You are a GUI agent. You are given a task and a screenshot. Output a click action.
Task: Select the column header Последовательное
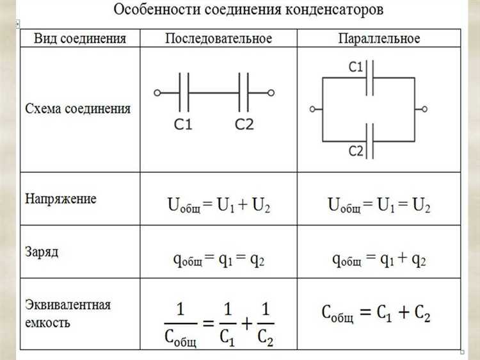(218, 39)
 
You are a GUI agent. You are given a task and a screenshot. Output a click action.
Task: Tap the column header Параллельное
(379, 39)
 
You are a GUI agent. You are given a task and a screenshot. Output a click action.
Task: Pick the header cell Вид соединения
(80, 39)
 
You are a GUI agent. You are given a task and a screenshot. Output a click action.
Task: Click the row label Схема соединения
(77, 109)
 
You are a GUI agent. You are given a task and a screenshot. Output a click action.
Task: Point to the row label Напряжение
(61, 199)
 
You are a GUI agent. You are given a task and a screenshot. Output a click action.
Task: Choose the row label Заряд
(42, 252)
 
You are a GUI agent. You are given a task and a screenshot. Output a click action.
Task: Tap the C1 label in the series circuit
(184, 124)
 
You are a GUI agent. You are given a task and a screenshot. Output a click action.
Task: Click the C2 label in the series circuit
(244, 124)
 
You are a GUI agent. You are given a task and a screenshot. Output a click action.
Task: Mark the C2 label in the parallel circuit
(356, 151)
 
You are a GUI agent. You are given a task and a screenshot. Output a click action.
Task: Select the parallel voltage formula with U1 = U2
(379, 206)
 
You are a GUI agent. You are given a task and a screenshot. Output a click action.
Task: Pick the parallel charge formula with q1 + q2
(379, 259)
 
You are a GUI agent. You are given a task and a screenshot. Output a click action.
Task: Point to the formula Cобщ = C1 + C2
(375, 313)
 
